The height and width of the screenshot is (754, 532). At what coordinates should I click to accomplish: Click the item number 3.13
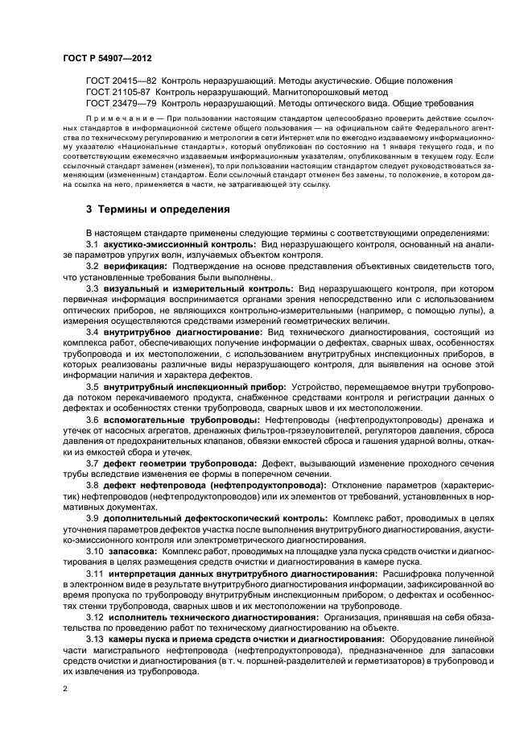[96, 639]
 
